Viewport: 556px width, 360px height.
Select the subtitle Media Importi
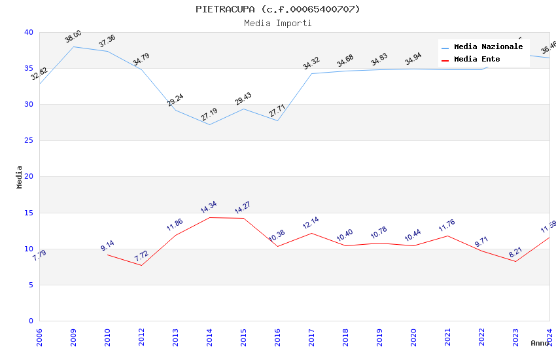277,23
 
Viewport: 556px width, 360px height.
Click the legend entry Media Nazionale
488,47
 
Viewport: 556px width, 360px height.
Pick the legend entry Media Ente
477,60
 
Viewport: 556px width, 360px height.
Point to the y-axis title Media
20,177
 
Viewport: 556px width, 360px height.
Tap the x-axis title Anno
540,343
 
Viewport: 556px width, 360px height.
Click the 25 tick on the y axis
28,141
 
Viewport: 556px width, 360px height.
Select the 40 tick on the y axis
28,32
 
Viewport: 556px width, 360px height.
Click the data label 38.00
73,37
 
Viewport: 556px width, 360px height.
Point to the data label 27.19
209,115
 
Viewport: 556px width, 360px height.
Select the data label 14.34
209,207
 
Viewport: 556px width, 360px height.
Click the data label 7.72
141,256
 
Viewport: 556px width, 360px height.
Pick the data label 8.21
515,253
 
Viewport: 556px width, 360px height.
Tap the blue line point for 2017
311,73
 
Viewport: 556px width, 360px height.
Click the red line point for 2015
243,218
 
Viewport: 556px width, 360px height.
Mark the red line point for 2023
515,262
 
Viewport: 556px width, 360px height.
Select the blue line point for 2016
277,120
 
